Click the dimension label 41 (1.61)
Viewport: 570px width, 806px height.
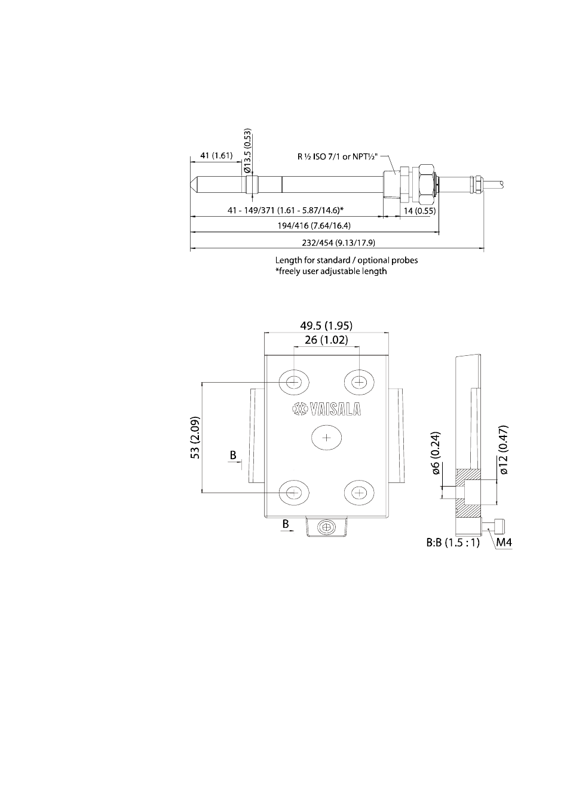click(216, 155)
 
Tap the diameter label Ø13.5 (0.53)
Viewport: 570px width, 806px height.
click(248, 151)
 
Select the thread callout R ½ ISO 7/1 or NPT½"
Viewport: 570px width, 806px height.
click(337, 156)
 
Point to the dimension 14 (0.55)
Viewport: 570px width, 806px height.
click(419, 211)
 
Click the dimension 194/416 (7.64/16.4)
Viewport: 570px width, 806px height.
click(314, 226)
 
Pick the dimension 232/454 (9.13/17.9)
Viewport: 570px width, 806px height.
click(338, 243)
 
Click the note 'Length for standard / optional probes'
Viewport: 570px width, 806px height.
click(347, 260)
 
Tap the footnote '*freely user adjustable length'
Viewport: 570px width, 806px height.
click(331, 271)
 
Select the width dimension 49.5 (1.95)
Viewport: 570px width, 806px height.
click(326, 325)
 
